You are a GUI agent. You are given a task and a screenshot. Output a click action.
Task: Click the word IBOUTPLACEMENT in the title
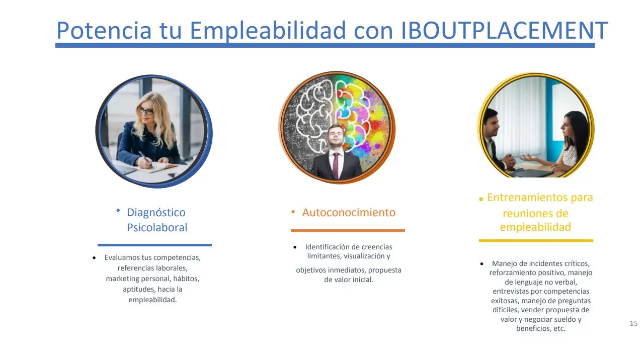504,30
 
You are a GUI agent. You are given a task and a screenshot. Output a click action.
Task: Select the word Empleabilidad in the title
268,31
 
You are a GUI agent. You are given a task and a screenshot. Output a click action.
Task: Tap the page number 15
633,323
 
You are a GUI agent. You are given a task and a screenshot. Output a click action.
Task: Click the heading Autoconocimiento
349,213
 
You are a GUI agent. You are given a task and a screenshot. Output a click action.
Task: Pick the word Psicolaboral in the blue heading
157,228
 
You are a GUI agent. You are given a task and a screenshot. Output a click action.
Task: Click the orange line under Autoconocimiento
348,230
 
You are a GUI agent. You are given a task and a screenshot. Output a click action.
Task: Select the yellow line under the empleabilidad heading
536,240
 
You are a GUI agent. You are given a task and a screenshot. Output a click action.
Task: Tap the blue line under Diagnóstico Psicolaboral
154,245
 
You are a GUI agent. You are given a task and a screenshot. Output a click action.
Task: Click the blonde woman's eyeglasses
145,111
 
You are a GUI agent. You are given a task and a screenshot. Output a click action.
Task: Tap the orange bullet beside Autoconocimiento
293,212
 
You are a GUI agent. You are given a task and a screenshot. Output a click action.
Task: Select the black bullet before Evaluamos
94,258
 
